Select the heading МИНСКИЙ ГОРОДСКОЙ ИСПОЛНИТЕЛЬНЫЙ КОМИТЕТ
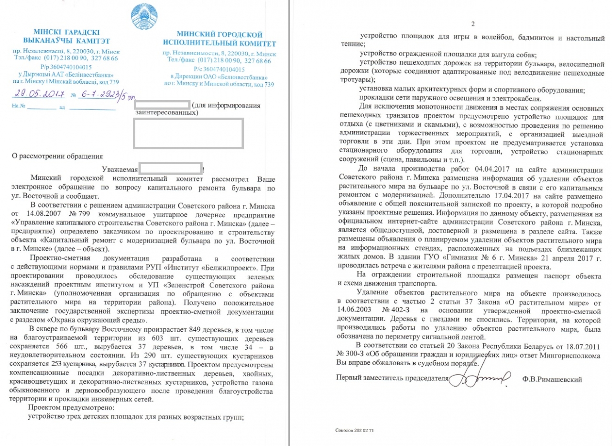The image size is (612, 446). [219, 39]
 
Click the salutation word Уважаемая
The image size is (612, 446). [120, 169]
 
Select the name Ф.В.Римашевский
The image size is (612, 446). [552, 379]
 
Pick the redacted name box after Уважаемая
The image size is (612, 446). [170, 169]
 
